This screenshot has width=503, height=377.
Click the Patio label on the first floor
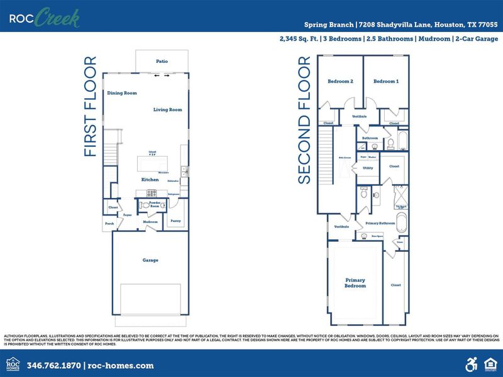[161, 61]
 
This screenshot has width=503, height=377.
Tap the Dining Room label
[121, 93]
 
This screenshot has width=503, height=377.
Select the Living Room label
[167, 110]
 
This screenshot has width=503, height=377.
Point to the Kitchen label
[150, 180]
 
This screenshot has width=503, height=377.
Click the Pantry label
[176, 221]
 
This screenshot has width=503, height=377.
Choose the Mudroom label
[150, 222]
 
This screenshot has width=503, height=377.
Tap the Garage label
[150, 260]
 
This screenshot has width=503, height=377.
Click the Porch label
[109, 222]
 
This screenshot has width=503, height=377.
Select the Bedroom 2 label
[340, 82]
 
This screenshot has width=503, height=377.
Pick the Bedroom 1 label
[385, 82]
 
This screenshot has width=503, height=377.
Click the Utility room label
[368, 168]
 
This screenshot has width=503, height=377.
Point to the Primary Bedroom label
[355, 283]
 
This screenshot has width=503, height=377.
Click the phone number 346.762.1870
[54, 365]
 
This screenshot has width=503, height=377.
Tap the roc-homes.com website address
[121, 365]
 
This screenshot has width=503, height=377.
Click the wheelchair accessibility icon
[470, 364]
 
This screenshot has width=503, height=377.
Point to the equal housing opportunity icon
[489, 364]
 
